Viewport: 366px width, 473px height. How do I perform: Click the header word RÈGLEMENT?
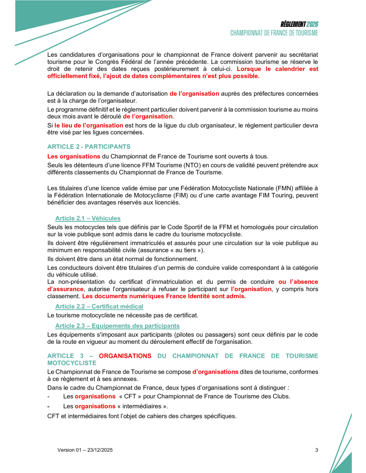coord(293,24)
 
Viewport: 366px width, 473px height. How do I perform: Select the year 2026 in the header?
coord(312,24)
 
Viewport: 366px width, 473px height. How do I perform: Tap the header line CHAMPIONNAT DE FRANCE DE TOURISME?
coord(274,33)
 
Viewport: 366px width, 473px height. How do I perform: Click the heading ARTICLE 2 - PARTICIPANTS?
coord(89,147)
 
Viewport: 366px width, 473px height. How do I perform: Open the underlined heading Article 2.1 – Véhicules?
coord(88,218)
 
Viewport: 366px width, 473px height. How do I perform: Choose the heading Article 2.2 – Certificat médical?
coord(99,306)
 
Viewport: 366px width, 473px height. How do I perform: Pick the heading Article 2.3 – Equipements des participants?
coord(117,326)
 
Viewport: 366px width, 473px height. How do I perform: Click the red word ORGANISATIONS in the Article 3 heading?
coord(125,356)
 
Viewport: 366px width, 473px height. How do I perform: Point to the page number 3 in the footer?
coord(316,450)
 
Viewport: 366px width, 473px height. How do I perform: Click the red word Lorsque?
coord(249,69)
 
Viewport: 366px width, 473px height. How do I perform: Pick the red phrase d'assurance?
coord(66,289)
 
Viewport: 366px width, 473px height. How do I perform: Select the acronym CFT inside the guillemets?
coord(130,396)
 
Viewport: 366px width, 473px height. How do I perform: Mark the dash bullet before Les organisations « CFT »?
coord(48,397)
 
